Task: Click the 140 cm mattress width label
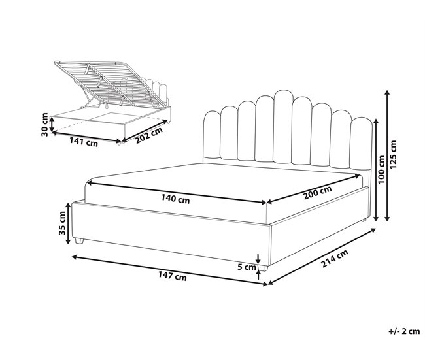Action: pos(175,199)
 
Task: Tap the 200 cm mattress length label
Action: pos(317,193)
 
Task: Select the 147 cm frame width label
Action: pos(173,276)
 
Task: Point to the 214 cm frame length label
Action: pos(335,259)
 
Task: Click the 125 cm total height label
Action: pos(393,154)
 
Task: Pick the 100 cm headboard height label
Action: pos(381,169)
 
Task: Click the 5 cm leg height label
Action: pos(246,267)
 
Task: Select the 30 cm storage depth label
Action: pos(45,124)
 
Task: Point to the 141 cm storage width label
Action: pos(84,142)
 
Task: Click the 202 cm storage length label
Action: pos(149,135)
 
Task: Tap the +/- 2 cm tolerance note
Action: pos(404,331)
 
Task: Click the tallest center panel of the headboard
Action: pos(282,127)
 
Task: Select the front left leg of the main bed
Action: pos(79,241)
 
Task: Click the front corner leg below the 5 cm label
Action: pos(263,268)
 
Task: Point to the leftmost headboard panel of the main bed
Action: pos(211,134)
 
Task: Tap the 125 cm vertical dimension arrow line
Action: pos(388,155)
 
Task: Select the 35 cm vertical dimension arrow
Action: pos(68,223)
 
